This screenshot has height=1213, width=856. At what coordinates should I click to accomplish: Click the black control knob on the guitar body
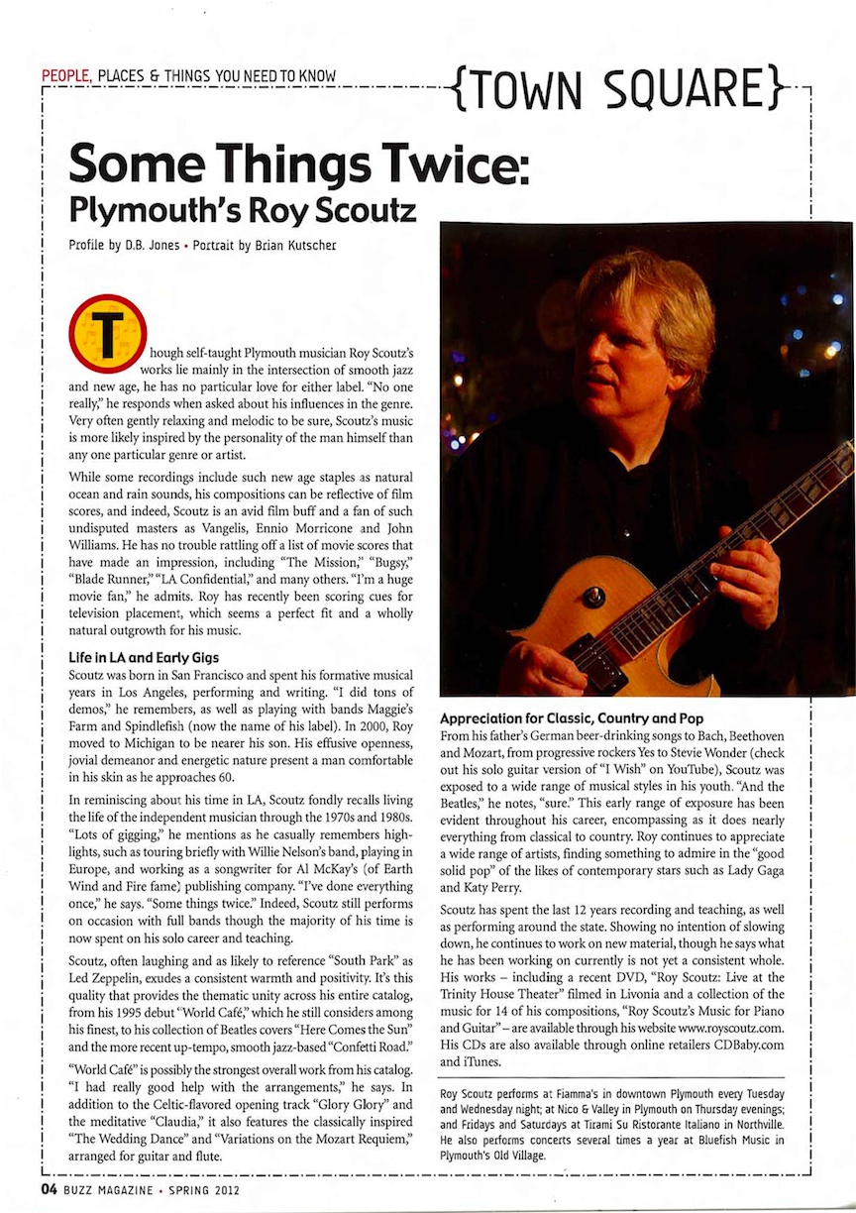tap(593, 597)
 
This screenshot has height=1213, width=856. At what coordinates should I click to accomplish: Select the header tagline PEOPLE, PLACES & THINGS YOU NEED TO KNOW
tap(188, 76)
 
